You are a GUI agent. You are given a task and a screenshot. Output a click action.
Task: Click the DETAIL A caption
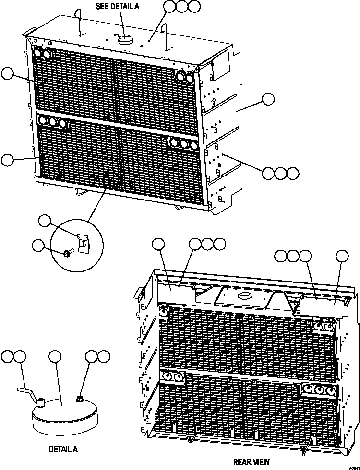point(63,450)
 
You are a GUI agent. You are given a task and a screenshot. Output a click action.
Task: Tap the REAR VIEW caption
point(251,462)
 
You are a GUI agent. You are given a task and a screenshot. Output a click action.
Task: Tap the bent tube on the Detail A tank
point(29,393)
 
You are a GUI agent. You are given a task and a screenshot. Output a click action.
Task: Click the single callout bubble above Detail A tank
point(55,356)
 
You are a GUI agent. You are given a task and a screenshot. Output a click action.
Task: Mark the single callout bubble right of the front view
point(268,99)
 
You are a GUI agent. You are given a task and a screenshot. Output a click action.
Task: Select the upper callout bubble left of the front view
point(7,73)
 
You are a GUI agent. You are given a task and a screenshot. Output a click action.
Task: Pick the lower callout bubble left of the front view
point(7,160)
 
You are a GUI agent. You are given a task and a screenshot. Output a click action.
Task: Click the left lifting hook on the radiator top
point(79,21)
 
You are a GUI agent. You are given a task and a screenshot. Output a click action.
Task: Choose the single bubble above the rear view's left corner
point(158,244)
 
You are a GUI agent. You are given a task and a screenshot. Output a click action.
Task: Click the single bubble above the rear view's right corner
point(342,257)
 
